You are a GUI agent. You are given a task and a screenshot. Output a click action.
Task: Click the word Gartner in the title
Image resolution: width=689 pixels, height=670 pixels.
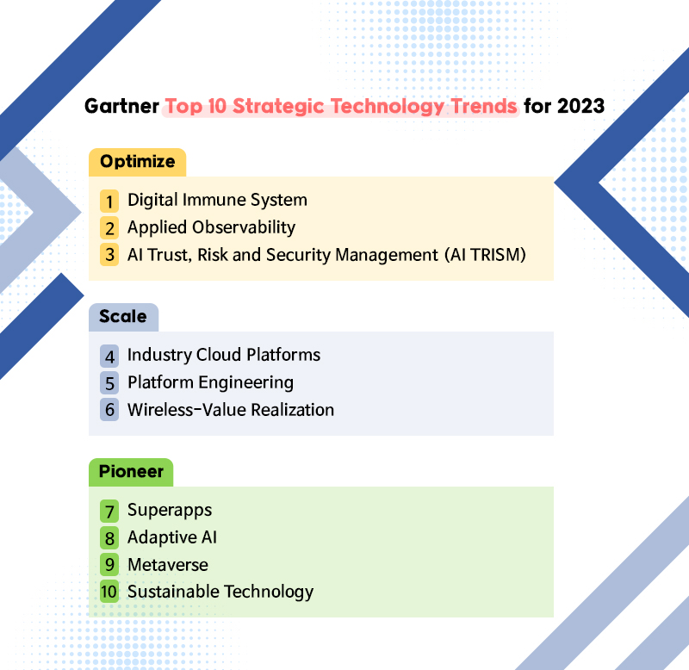[121, 106]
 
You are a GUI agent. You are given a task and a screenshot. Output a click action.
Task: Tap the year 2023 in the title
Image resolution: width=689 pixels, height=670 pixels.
[580, 106]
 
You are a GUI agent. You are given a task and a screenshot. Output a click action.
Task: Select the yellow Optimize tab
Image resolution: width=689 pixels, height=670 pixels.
[137, 162]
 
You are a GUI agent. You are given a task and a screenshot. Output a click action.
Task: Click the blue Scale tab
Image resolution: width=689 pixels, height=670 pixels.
[123, 317]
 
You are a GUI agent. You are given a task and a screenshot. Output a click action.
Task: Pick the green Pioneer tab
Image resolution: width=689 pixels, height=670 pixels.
[131, 472]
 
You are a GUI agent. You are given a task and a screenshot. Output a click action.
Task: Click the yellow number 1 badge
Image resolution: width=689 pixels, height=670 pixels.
[109, 202]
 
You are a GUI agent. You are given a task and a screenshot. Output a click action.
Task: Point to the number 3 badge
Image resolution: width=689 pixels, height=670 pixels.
[109, 255]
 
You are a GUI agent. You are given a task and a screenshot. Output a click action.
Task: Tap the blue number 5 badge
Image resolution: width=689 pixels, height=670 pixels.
[109, 383]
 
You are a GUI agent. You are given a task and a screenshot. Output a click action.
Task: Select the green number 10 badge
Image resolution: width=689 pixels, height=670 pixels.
[109, 591]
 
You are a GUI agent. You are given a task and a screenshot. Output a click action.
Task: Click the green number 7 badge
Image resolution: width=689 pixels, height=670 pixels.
[109, 511]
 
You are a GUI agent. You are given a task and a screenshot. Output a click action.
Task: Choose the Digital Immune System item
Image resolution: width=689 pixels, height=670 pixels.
[217, 201]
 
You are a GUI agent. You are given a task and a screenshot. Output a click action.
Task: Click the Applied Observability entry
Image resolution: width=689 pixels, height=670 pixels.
[211, 227]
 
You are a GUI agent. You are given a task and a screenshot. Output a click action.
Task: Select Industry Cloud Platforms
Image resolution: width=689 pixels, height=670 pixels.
[224, 355]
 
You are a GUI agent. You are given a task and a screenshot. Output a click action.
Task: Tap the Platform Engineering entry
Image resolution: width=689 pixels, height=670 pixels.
[210, 382]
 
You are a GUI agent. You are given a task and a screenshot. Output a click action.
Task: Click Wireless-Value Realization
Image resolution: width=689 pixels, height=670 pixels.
[231, 410]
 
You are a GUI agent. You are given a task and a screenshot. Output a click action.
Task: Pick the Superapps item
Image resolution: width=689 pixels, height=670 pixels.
[170, 511]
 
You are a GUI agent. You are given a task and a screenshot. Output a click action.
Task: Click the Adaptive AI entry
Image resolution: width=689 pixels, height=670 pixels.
[171, 537]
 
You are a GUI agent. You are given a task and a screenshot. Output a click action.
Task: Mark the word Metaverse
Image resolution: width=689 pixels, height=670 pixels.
[168, 565]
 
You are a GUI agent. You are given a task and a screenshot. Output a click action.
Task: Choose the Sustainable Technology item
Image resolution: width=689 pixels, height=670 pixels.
[220, 592]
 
